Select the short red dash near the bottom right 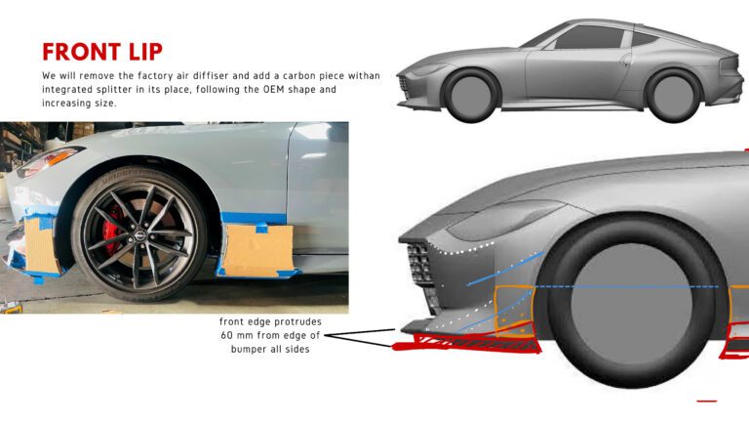706,401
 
